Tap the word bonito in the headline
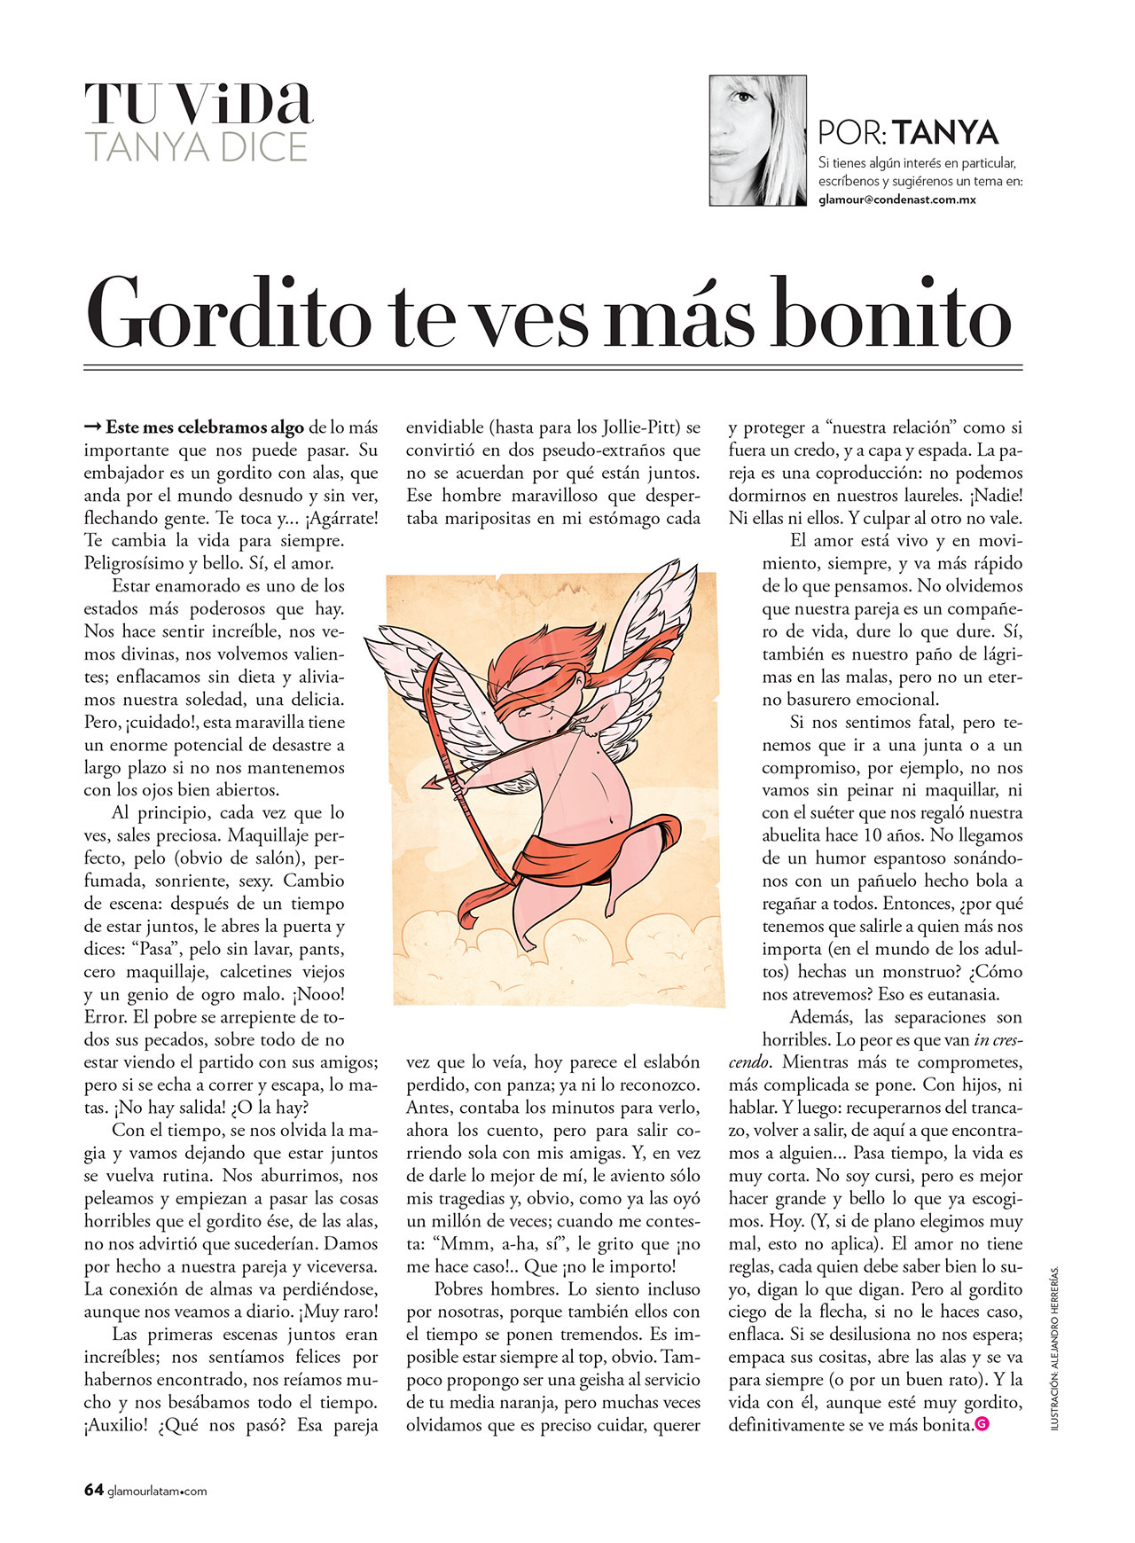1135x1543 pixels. pos(891,315)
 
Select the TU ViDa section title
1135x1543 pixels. pos(199,104)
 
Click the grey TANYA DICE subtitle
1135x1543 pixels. pos(196,146)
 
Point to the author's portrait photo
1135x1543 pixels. pos(757,140)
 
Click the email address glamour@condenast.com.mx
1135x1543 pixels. pos(896,200)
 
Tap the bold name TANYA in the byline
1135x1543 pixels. pos(945,133)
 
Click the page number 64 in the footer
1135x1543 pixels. pos(94,1491)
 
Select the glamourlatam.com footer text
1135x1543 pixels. pos(157,1492)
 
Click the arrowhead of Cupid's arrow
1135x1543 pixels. pos(432,784)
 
